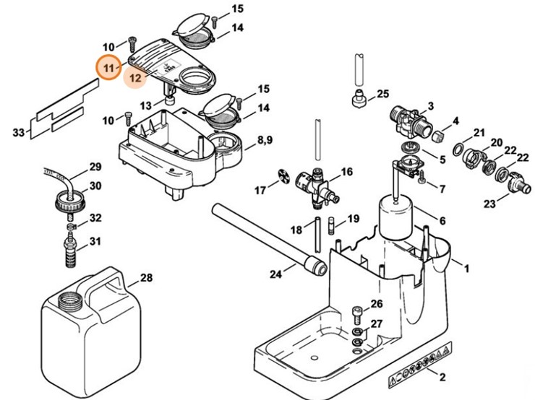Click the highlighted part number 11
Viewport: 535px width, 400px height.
[110, 68]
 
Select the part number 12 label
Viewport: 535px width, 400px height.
[135, 75]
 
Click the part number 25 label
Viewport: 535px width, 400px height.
[382, 94]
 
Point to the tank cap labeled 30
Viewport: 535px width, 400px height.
[68, 199]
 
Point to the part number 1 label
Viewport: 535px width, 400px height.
[467, 269]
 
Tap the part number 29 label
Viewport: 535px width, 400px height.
[95, 168]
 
